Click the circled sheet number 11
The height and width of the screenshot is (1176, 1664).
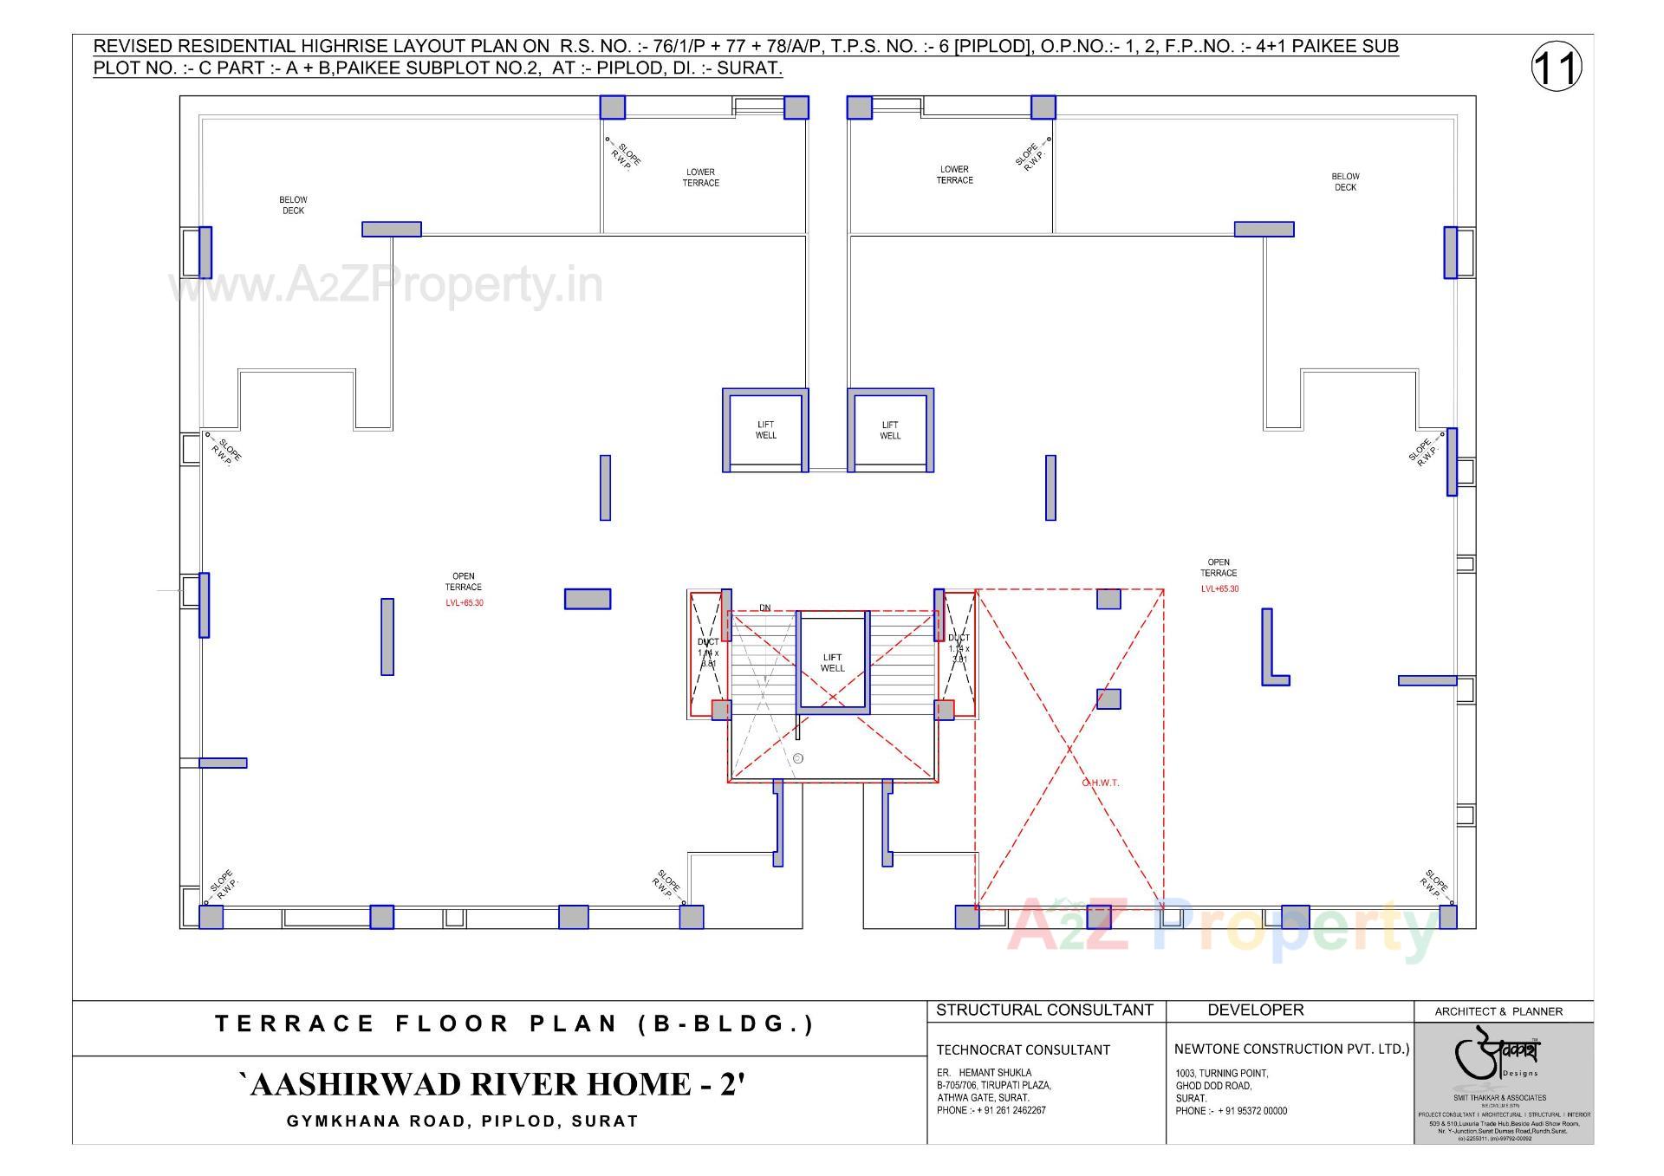[1557, 68]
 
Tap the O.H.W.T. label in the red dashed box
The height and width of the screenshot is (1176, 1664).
[1100, 783]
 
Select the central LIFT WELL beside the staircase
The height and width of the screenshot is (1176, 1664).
[832, 663]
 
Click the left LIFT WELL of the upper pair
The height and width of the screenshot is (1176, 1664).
[765, 430]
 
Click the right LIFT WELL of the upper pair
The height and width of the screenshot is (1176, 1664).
[890, 430]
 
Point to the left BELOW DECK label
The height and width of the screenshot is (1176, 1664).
[293, 205]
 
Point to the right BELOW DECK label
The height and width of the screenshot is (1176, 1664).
[1345, 182]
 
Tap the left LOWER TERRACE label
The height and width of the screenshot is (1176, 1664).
[700, 178]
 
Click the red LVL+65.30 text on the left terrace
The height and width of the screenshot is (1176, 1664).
[465, 603]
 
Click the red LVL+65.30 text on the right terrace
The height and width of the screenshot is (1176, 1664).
[1219, 589]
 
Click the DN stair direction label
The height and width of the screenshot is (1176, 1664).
[764, 608]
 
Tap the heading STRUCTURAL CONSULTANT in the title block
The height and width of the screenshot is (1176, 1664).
[1044, 1010]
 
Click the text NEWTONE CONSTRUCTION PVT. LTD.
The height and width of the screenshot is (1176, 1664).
[1291, 1049]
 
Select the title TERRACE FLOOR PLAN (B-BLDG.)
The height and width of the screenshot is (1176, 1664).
[515, 1024]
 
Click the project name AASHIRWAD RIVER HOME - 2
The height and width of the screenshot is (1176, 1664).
[491, 1085]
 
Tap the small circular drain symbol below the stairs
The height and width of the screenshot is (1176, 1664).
[798, 758]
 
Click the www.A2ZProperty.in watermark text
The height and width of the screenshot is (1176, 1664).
[386, 285]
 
